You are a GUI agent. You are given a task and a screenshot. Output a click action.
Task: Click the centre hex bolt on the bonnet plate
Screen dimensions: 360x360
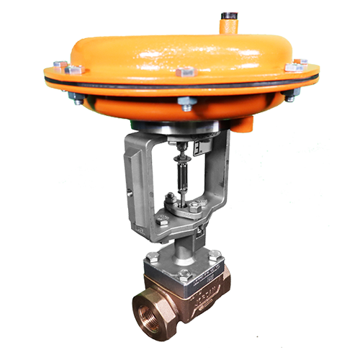[x=184, y=273]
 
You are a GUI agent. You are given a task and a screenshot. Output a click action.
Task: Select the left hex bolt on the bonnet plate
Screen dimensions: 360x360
[x=153, y=256]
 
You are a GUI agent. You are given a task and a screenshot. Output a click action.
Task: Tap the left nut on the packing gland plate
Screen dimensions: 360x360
[x=166, y=200]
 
